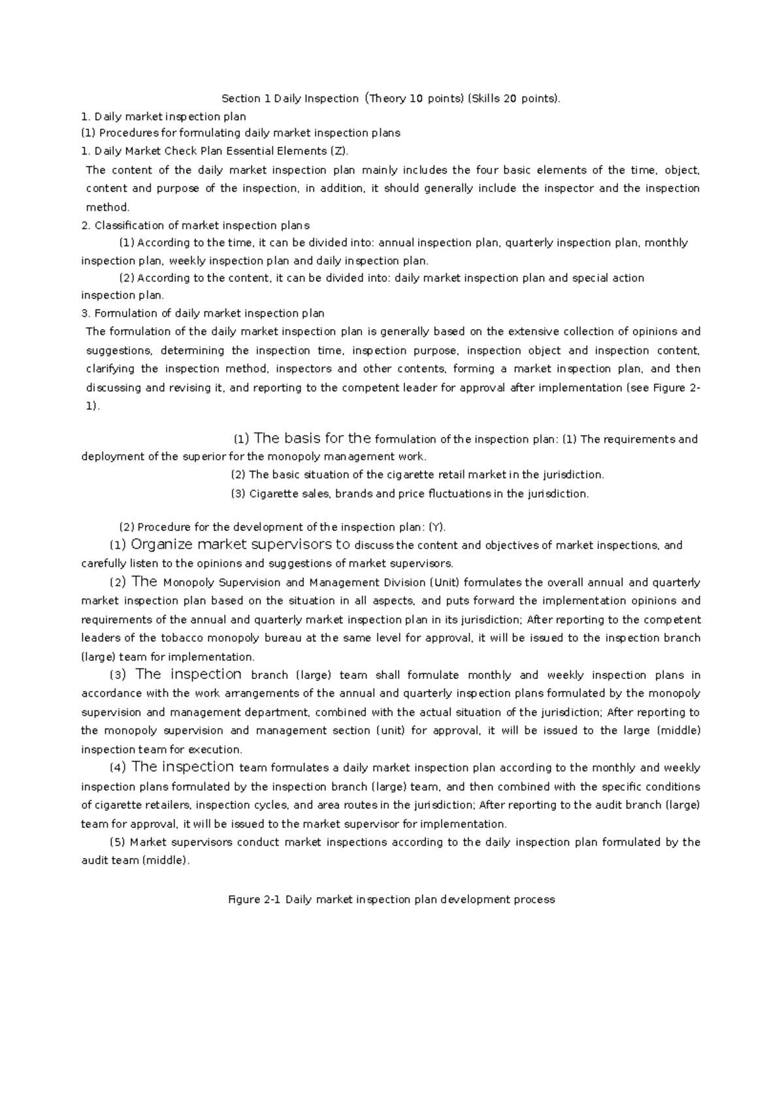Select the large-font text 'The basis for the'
[x=312, y=438]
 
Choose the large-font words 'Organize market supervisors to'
[x=240, y=545]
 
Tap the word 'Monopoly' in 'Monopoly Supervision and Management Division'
[x=189, y=582]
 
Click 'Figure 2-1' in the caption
[x=253, y=900]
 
